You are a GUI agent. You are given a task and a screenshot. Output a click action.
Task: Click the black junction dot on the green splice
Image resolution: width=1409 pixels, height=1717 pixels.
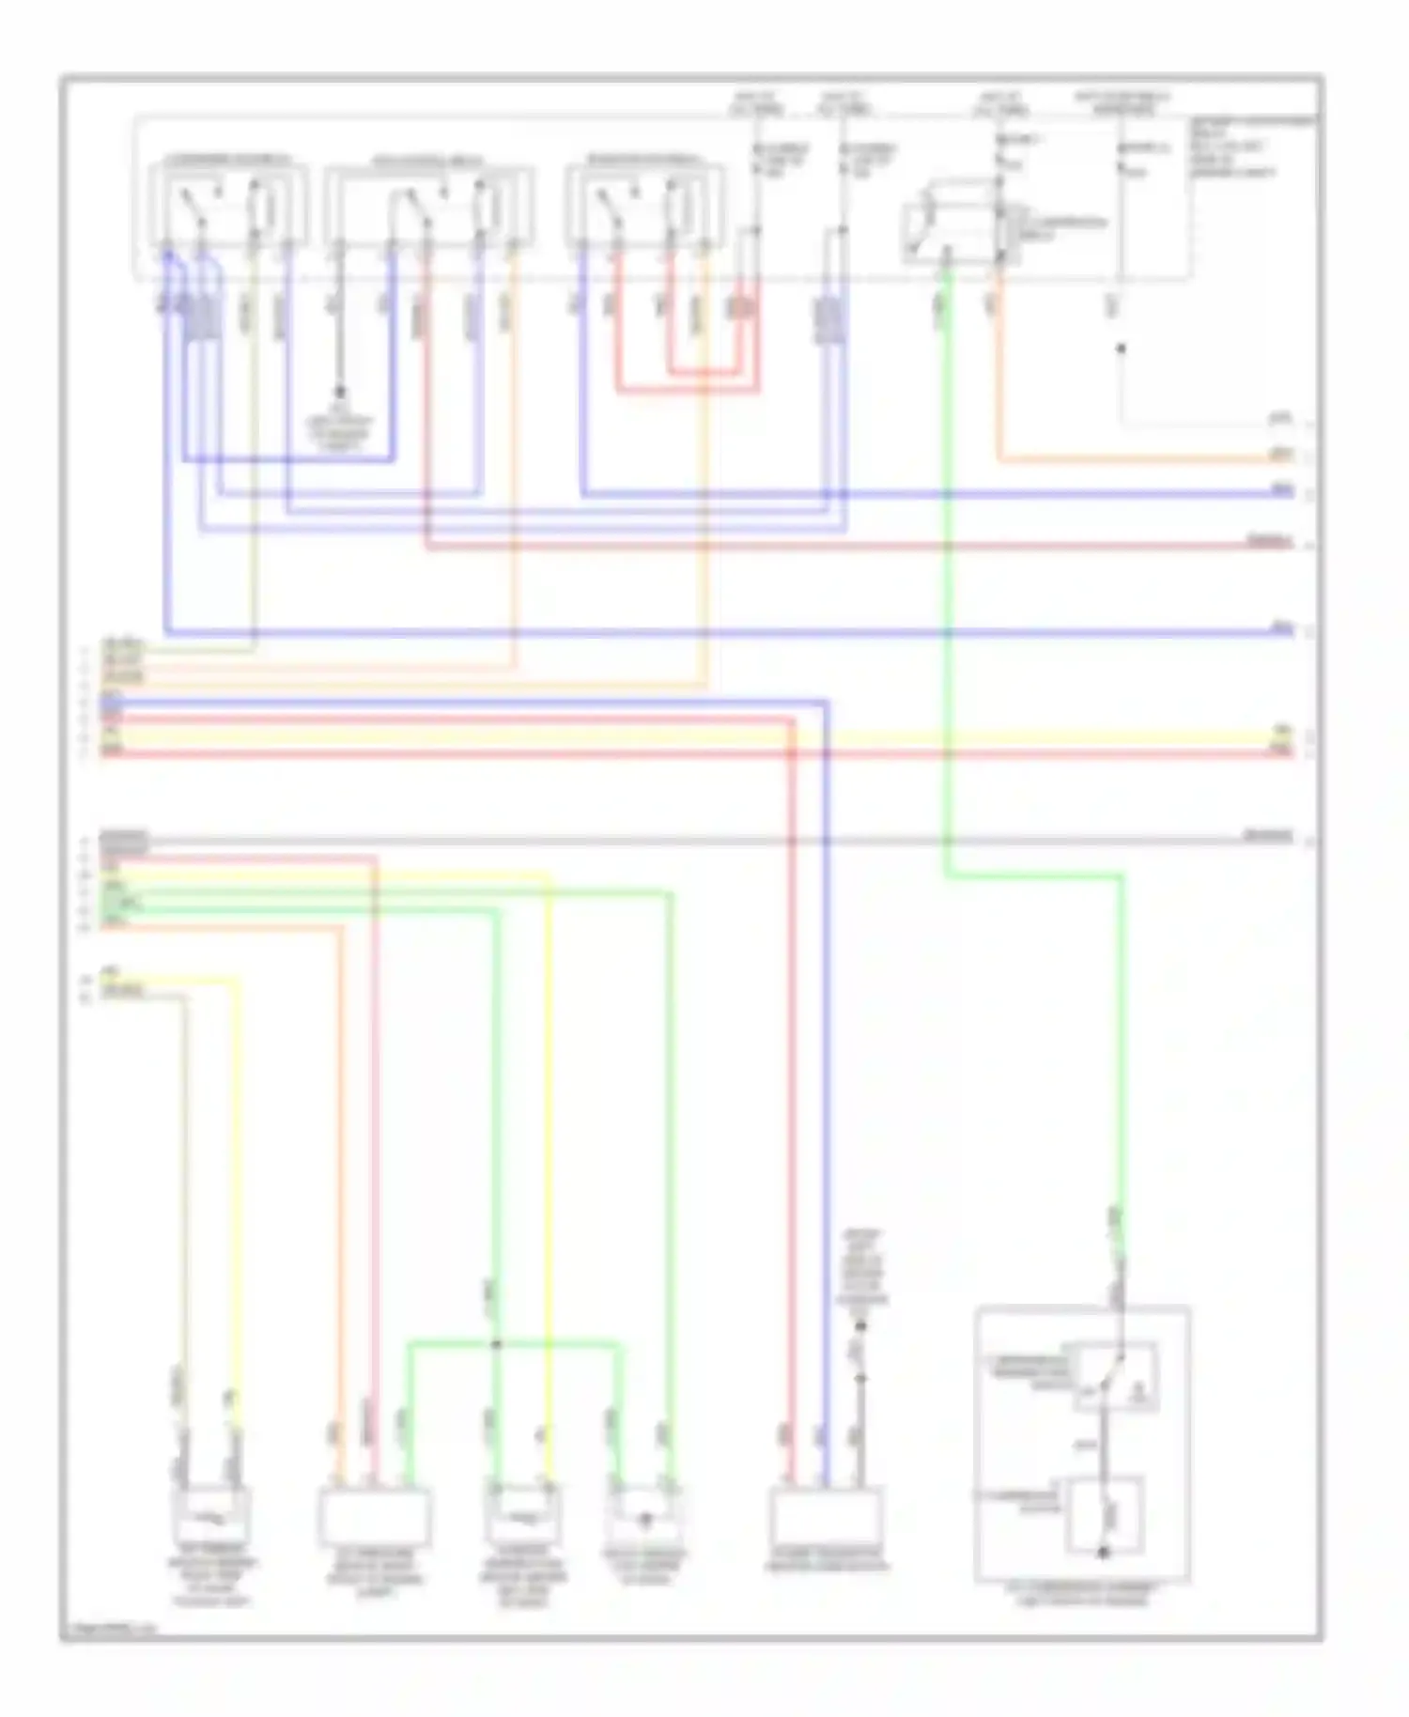click(497, 1344)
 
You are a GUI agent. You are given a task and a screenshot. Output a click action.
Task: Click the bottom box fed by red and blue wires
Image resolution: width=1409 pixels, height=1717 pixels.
click(826, 1517)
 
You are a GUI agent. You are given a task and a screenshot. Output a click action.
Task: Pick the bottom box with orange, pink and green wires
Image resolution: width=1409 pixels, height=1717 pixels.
click(375, 1517)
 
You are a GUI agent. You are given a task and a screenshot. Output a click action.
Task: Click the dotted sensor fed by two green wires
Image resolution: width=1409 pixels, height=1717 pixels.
click(644, 1517)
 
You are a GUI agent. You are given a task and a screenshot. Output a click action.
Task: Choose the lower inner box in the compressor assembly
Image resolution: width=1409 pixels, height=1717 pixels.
click(1105, 1514)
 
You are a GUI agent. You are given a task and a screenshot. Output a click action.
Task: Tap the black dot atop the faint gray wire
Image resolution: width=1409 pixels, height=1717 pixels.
click(1121, 348)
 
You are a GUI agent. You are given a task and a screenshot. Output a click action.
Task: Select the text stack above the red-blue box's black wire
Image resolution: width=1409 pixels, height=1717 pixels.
click(861, 1268)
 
